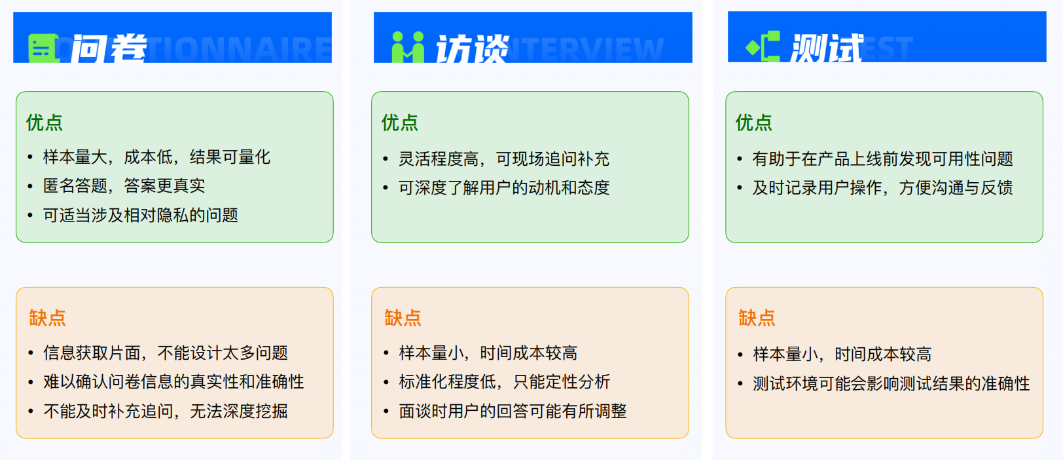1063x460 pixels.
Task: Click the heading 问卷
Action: coord(109,48)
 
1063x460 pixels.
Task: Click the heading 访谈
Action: coord(472,48)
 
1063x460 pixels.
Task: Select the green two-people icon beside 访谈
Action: coord(408,48)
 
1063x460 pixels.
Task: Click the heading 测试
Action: coord(826,48)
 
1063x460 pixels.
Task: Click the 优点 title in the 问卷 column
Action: coord(45,123)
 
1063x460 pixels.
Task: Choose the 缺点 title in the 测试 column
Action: coord(757,318)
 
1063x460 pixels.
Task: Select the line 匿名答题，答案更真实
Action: coord(124,186)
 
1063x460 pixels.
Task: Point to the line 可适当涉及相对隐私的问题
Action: coord(140,215)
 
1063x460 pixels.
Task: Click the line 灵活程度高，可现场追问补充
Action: coord(503,159)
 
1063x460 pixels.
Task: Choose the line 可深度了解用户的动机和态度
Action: coord(503,188)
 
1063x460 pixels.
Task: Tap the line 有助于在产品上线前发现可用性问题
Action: coord(882,159)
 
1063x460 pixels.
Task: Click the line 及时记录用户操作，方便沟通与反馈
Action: coord(882,188)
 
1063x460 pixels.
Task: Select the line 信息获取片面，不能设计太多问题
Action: coord(165,353)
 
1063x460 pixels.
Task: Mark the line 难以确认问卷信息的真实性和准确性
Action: coord(173,382)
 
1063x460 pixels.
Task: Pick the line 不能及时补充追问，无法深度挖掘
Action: coord(165,412)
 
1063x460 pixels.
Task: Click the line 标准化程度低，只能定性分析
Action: coord(504,382)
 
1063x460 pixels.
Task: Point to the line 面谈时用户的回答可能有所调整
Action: coord(513,412)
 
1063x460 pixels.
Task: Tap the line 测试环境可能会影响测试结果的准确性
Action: coord(891,384)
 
